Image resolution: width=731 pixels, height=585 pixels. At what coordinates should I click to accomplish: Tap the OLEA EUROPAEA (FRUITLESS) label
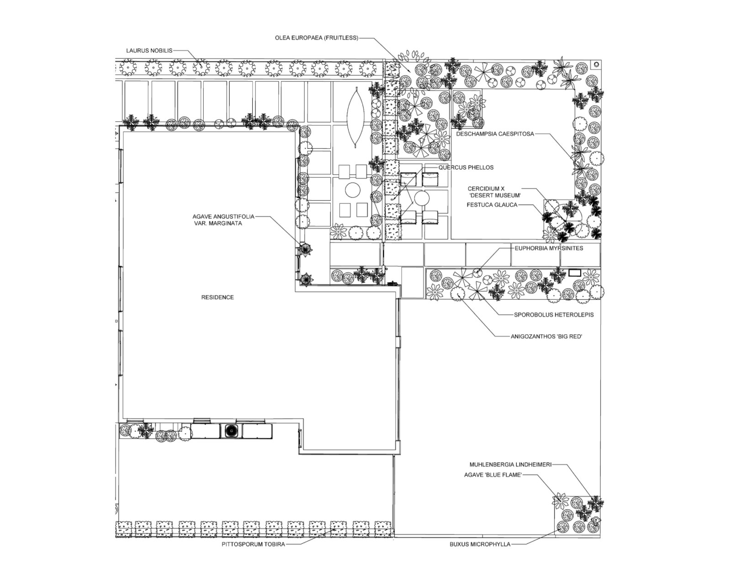[x=316, y=38]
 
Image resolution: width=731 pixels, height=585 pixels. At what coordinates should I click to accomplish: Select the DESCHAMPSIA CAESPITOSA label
[x=495, y=134]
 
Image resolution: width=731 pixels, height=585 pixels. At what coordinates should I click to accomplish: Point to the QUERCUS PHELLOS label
[x=466, y=167]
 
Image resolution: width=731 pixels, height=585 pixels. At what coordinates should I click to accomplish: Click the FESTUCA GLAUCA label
[x=492, y=205]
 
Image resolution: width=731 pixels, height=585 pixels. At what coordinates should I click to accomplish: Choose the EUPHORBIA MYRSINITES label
[x=549, y=248]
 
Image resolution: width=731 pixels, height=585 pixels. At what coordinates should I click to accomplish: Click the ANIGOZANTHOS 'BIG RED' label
[x=546, y=337]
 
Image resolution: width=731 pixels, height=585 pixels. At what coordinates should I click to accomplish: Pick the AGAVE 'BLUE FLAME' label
[x=493, y=475]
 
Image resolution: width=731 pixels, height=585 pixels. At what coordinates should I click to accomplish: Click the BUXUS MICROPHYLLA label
[x=480, y=544]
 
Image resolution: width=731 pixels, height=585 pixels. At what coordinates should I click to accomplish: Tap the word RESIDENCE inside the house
[x=217, y=297]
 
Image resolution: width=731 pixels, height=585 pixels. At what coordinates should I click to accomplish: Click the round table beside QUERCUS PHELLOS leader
[x=421, y=199]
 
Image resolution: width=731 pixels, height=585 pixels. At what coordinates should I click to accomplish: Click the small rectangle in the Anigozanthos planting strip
[x=574, y=273]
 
